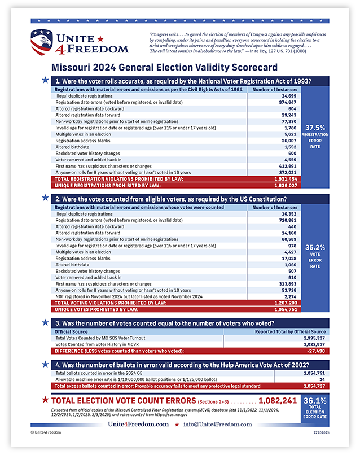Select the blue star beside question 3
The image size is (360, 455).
coord(45,322)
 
